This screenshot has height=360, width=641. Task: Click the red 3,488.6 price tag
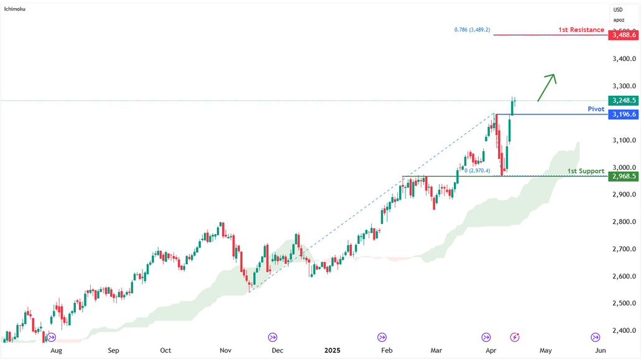click(624, 35)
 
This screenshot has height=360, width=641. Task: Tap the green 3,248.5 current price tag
click(624, 100)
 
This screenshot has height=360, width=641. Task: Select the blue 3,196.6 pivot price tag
click(624, 114)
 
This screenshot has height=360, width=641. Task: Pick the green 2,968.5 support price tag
click(624, 176)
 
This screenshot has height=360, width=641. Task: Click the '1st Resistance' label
click(581, 29)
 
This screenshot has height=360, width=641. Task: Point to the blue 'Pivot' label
click(596, 109)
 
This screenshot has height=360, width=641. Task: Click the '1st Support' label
click(586, 171)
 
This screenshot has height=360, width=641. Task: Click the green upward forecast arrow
click(546, 88)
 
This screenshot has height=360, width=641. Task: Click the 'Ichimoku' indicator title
click(15, 9)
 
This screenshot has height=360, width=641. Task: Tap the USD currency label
click(618, 10)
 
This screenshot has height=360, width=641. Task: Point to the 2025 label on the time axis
click(333, 350)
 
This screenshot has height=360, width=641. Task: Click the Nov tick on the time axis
click(225, 350)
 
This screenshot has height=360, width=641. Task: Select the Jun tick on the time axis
click(600, 350)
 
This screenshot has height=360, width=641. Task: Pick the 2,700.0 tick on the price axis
click(624, 249)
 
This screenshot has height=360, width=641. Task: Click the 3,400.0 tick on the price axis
click(624, 58)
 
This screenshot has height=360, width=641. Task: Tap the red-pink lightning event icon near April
click(515, 337)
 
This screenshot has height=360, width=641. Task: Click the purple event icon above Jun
click(595, 337)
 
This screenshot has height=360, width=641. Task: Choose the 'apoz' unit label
click(619, 20)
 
